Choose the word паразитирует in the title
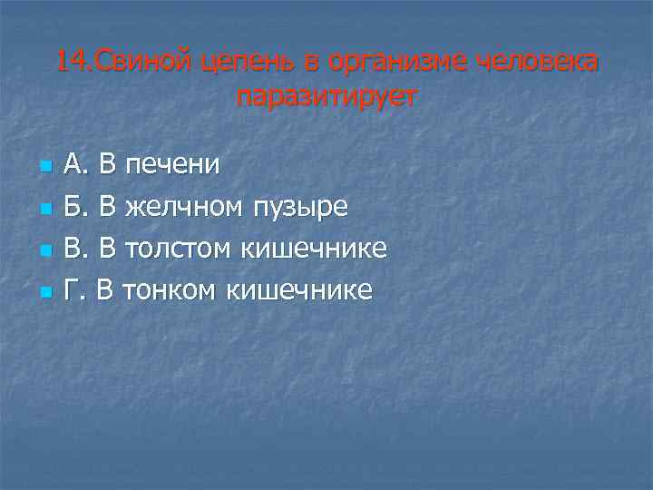(326, 96)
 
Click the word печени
(172, 164)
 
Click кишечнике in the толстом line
(313, 248)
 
